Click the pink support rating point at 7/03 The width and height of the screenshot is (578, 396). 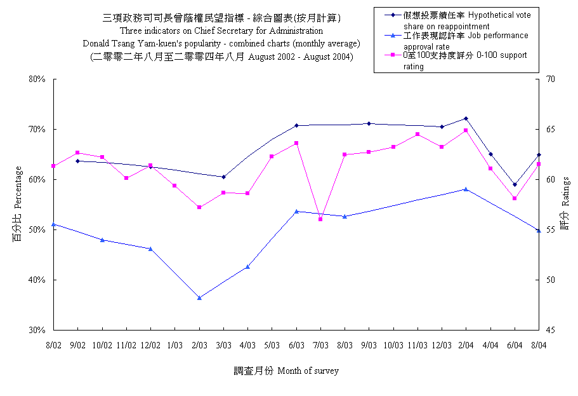320,219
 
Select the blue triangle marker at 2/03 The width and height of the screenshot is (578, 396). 199,297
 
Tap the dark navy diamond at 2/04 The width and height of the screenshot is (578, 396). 466,118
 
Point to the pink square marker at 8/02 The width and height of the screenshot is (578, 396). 54,166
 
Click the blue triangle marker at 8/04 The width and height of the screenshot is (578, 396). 539,230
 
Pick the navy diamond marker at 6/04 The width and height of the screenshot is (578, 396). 515,184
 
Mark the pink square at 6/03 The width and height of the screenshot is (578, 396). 296,143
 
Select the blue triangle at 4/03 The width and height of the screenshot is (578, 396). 247,266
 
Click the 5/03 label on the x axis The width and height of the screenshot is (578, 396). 272,345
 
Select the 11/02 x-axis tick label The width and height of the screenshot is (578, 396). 126,345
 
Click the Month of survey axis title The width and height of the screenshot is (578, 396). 307,371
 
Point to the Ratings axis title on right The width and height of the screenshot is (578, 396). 565,204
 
